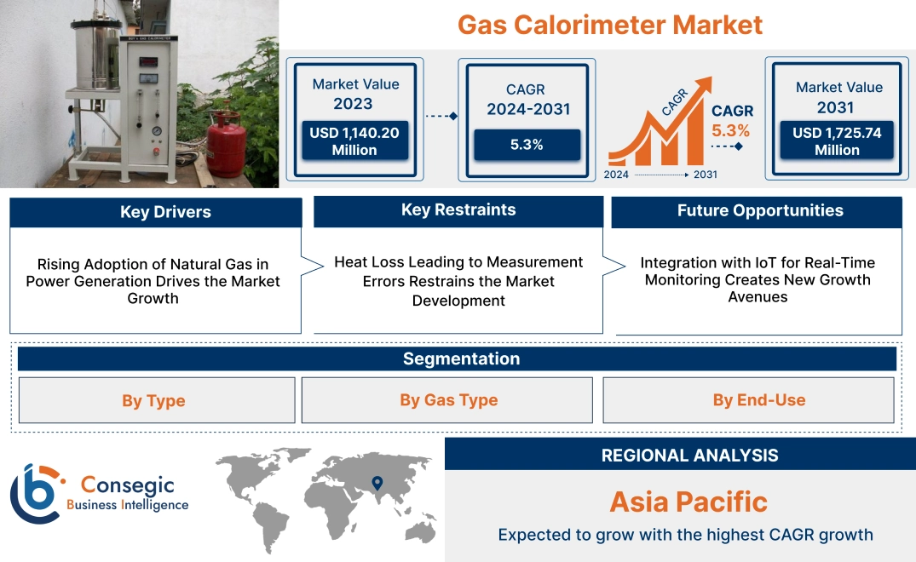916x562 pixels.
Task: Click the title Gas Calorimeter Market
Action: click(610, 24)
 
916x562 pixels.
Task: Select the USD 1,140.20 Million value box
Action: click(354, 141)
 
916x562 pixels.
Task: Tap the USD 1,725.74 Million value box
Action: click(837, 141)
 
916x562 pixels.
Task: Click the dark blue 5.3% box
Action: click(527, 145)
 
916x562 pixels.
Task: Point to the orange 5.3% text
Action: click(730, 130)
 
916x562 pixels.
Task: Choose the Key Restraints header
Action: click(458, 210)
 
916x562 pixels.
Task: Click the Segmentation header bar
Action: click(460, 358)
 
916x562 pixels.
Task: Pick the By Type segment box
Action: click(153, 400)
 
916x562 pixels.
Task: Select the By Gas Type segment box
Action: click(448, 400)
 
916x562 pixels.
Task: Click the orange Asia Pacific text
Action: click(688, 502)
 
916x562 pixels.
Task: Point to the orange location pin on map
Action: click(377, 484)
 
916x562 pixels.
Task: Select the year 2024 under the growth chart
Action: click(617, 175)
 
